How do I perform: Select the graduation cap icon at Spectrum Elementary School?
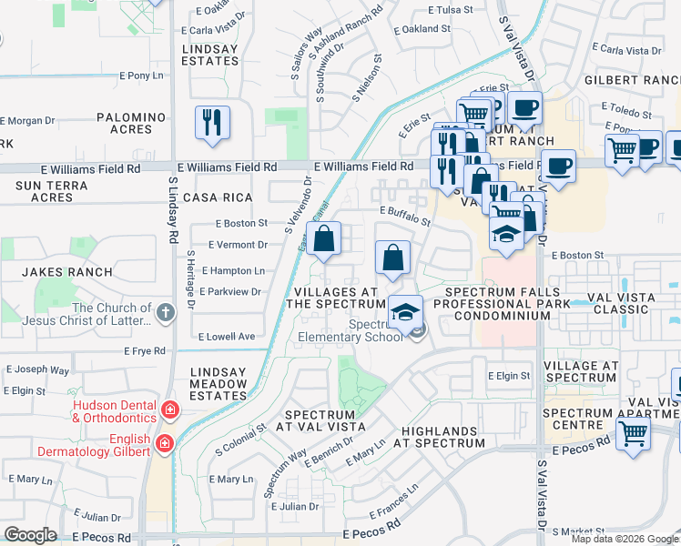point(404,313)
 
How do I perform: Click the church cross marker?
point(165,313)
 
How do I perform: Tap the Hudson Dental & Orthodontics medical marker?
point(169,410)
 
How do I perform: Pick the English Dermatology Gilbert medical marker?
point(164,443)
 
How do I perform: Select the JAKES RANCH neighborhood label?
point(67,272)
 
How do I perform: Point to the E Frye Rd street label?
point(145,350)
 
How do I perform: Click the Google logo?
point(30,535)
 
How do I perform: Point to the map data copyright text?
point(625,539)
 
